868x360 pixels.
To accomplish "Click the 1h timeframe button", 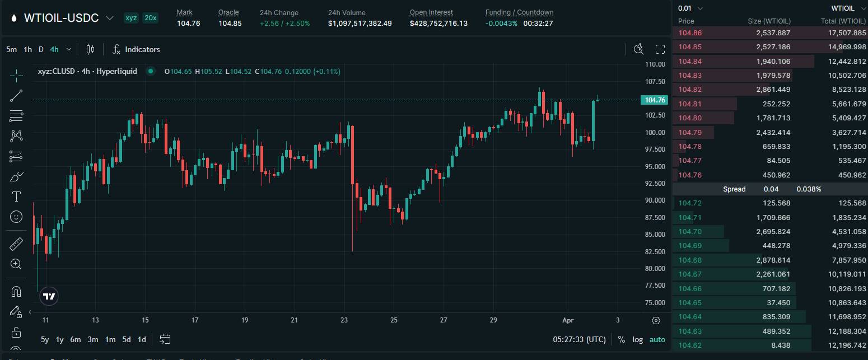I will coord(27,49).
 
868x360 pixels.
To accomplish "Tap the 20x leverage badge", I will coord(150,18).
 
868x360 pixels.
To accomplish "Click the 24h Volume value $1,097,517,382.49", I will coord(360,24).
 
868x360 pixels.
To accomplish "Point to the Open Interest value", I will coord(438,24).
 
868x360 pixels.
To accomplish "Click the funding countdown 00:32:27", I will coord(538,24).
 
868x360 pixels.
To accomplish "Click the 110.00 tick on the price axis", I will coord(655,64).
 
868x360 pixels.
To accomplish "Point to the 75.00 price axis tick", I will coord(655,303).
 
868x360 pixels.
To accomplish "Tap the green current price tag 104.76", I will coord(655,100).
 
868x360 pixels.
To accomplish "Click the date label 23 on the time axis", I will coord(344,320).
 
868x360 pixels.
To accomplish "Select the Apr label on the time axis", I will coord(568,320).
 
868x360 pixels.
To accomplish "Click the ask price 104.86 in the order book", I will coord(690,33).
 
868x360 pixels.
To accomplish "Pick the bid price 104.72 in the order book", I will coord(690,203).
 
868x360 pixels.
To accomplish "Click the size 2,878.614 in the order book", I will coord(773,260).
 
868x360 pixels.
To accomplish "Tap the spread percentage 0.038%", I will coord(809,189).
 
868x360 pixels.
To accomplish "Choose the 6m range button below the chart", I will coord(76,339).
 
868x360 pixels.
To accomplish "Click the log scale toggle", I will coord(637,339).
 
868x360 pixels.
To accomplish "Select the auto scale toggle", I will coord(657,339).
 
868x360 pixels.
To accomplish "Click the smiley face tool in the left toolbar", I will coord(16,217).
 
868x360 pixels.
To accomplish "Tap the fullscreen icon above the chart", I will coord(660,49).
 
